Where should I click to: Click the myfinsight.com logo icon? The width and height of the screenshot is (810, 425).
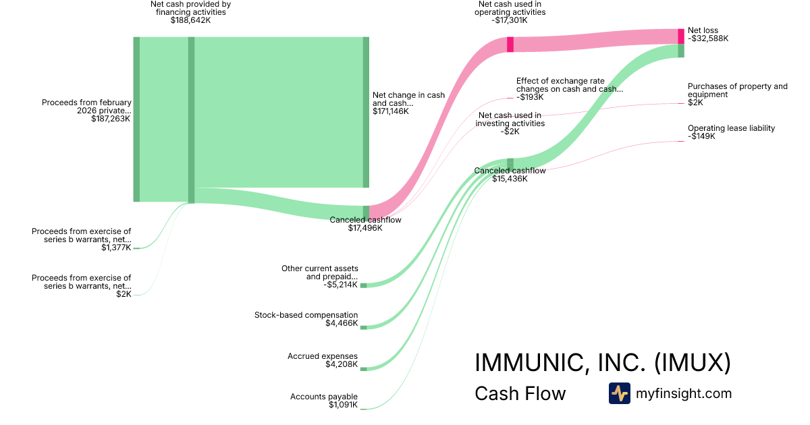[x=620, y=393]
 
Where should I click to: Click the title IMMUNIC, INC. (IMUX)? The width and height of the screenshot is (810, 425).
[x=602, y=362]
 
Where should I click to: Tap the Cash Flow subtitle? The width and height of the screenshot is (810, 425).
[x=520, y=393]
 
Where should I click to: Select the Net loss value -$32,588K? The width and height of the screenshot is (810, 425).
[x=708, y=38]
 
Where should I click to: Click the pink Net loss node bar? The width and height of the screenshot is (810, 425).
[x=681, y=36]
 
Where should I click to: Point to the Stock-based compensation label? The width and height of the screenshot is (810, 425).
[x=306, y=315]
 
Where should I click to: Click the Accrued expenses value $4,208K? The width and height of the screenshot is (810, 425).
[x=342, y=364]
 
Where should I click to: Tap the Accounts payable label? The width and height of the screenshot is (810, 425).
[x=323, y=397]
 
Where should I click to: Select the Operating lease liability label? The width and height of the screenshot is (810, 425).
[x=731, y=128]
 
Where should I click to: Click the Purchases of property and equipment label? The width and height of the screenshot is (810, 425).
[x=737, y=90]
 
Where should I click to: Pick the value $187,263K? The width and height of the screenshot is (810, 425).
[x=111, y=119]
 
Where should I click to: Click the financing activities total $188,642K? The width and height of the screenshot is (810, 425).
[x=190, y=20]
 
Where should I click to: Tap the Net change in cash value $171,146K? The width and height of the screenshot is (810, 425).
[x=391, y=111]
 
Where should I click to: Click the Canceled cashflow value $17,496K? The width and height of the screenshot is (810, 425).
[x=365, y=228]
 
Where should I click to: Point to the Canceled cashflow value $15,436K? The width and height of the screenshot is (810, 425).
[x=510, y=179]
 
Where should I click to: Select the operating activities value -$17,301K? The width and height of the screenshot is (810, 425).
[x=509, y=20]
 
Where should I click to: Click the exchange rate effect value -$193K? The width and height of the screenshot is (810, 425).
[x=530, y=97]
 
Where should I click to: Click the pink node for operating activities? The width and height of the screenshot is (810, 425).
[x=510, y=45]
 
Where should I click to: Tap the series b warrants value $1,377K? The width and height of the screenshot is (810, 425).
[x=116, y=248]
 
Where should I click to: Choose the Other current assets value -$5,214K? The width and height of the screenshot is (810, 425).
[x=340, y=285]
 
